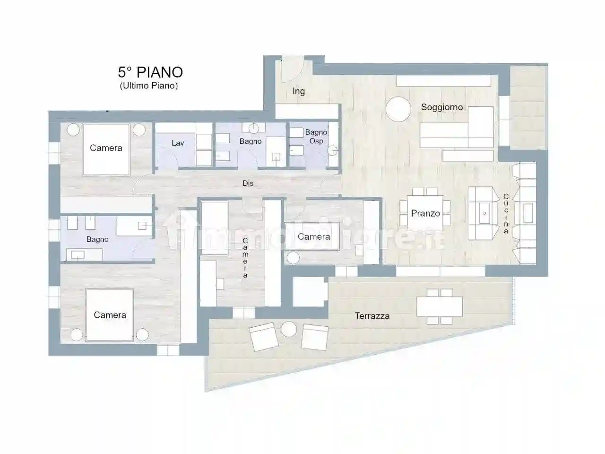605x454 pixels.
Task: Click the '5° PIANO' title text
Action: (x=150, y=72)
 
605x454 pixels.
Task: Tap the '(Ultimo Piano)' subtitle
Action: (x=148, y=86)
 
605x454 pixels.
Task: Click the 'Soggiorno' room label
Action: (x=442, y=107)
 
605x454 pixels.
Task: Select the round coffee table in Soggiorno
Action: (x=399, y=110)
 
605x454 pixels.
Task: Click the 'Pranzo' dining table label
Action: (x=425, y=213)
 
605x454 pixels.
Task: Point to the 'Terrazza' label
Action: (x=372, y=316)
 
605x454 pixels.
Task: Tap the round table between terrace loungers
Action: (x=288, y=329)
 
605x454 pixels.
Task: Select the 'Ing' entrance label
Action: (x=299, y=91)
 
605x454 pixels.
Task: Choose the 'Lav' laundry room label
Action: (x=178, y=143)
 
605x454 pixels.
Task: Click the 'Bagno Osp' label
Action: (x=316, y=136)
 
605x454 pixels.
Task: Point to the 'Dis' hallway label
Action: (x=248, y=183)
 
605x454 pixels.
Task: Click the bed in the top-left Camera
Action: (x=106, y=149)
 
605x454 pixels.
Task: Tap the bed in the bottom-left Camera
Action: (x=110, y=315)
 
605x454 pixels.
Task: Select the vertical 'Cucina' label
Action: (x=506, y=214)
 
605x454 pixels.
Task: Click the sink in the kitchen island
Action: (x=484, y=213)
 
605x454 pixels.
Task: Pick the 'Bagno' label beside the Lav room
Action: (x=251, y=141)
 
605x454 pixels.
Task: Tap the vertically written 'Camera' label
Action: (x=245, y=258)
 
